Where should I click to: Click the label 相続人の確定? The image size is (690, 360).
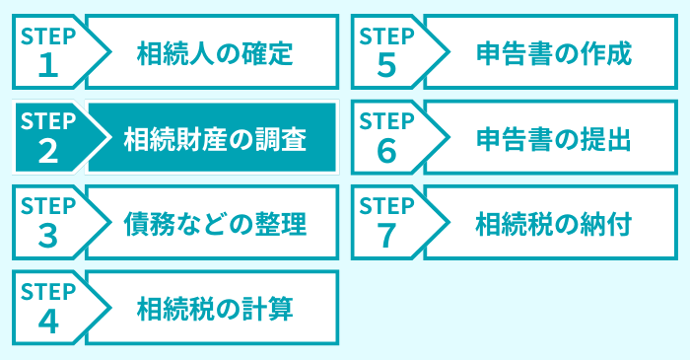(x=215, y=52)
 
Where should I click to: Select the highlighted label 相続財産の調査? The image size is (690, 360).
(x=215, y=138)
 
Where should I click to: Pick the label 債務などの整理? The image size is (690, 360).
(x=215, y=224)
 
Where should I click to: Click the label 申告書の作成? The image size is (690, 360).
(x=553, y=52)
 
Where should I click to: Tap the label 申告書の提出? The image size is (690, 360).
(x=553, y=138)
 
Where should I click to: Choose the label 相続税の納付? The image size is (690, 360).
(x=553, y=224)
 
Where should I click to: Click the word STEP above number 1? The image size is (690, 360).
(x=47, y=36)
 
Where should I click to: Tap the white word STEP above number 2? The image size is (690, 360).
(x=47, y=121)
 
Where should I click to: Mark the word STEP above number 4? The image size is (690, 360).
(x=47, y=293)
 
